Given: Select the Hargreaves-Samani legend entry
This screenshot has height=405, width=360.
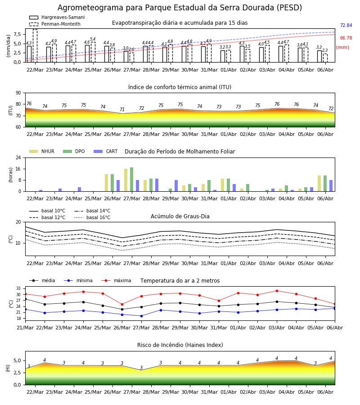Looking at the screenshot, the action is [57, 17].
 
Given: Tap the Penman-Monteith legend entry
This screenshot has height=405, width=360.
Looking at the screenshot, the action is [55, 24].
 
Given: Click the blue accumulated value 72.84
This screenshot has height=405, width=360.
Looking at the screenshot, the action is [346, 25].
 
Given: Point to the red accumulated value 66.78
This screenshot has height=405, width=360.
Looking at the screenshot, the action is [346, 38].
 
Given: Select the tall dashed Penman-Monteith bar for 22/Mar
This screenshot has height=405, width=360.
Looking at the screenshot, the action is [35, 46].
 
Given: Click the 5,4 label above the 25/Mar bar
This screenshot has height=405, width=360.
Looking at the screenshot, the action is [93, 39].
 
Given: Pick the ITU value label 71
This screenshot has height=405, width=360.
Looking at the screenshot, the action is [122, 109].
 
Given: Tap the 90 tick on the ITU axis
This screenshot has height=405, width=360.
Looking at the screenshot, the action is [18, 93].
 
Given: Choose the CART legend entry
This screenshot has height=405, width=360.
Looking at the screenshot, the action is [106, 151].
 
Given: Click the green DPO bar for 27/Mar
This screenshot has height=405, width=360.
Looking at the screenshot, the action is [132, 180].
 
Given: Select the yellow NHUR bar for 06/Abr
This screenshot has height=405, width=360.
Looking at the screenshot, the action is [319, 184].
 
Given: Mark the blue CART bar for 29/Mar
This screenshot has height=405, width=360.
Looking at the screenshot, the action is [176, 186].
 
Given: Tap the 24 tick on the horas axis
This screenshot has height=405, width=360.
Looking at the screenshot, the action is [18, 158].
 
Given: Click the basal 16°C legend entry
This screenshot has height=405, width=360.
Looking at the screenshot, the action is [92, 217].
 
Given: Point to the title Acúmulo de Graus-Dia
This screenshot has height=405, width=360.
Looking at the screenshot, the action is [180, 216].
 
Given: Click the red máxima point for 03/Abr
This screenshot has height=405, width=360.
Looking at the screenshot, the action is [277, 291].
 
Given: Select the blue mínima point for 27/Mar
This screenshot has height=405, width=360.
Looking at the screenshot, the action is [141, 316].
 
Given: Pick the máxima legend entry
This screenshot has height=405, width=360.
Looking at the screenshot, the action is [116, 280].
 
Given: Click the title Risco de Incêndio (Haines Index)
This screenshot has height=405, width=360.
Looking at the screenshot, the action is [180, 345].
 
